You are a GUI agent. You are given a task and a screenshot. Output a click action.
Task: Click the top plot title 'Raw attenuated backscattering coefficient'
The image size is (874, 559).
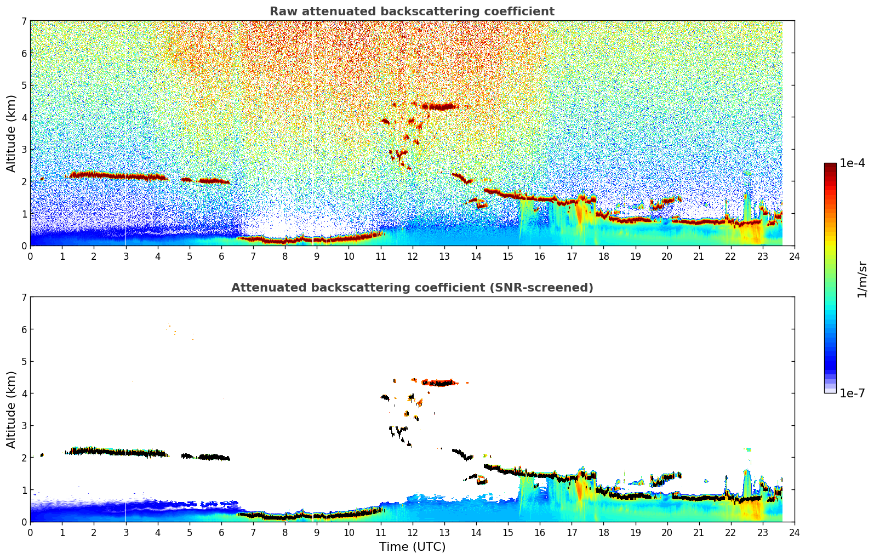(x=412, y=12)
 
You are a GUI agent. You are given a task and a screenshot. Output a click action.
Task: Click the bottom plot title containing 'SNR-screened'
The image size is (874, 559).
(x=412, y=288)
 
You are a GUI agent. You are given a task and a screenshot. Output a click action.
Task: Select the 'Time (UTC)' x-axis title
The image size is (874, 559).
(x=412, y=546)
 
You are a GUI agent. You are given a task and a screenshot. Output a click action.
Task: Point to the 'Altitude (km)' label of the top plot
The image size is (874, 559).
(x=12, y=133)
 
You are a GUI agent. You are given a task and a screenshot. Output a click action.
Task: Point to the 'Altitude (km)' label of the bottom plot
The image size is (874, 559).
(x=12, y=409)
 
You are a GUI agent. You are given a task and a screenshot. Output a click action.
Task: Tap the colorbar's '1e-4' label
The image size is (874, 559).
(x=852, y=163)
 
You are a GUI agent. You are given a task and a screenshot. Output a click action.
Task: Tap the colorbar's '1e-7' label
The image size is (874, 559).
(x=852, y=393)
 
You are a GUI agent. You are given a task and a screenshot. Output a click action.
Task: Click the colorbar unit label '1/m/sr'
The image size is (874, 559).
(x=862, y=279)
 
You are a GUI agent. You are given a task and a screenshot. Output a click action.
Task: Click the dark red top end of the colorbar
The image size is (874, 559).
(x=830, y=166)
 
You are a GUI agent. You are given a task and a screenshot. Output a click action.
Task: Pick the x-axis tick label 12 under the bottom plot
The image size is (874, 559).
(x=412, y=533)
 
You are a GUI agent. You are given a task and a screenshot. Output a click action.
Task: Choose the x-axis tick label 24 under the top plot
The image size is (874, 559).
(x=795, y=256)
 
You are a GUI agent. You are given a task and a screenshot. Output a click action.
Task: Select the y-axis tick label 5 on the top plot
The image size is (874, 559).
(x=24, y=85)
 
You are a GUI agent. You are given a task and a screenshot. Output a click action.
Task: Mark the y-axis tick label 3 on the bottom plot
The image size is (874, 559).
(x=24, y=426)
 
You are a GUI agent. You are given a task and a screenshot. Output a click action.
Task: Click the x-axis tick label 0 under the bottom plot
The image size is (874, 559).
(x=30, y=533)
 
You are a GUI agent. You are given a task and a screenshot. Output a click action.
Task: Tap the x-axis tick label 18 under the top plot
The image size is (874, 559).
(x=603, y=256)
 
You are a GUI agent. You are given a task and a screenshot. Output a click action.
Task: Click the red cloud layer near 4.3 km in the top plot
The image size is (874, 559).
(x=441, y=106)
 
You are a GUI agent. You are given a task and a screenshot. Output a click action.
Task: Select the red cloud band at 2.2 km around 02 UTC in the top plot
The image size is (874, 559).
(x=94, y=175)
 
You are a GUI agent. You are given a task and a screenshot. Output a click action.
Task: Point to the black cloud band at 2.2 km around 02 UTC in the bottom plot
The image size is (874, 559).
(x=94, y=451)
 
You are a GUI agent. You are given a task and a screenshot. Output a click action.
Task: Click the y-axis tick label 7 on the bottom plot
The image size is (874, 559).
(x=24, y=298)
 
